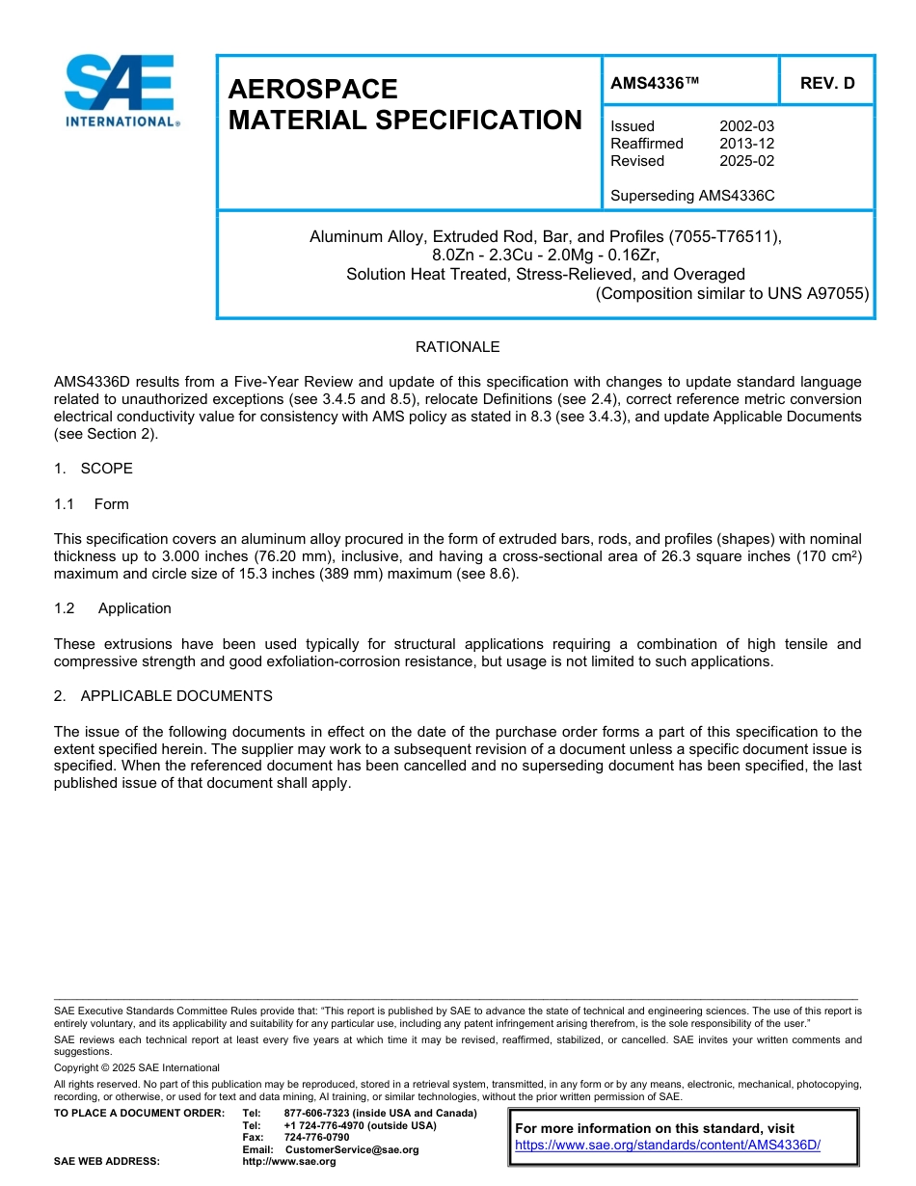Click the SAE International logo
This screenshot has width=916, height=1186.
(121, 91)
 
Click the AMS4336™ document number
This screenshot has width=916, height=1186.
(654, 83)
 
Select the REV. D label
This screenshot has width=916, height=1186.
(826, 83)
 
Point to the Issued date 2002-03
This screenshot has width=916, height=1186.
(746, 126)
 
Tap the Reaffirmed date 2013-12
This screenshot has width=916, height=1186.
(746, 144)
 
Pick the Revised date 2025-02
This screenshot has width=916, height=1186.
(746, 161)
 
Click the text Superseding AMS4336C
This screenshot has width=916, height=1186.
(692, 196)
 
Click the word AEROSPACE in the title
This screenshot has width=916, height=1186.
(312, 89)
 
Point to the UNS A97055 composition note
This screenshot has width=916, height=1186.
(733, 293)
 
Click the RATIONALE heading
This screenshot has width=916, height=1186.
(457, 347)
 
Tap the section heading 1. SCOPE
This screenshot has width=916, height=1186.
(94, 469)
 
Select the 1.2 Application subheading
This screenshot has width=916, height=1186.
(113, 608)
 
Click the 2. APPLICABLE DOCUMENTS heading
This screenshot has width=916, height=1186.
(163, 696)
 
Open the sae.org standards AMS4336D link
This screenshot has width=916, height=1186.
(667, 1146)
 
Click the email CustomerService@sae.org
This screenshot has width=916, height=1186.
(352, 1149)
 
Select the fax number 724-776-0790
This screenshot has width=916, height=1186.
(316, 1138)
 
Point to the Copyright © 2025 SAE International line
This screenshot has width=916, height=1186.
(137, 1068)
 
